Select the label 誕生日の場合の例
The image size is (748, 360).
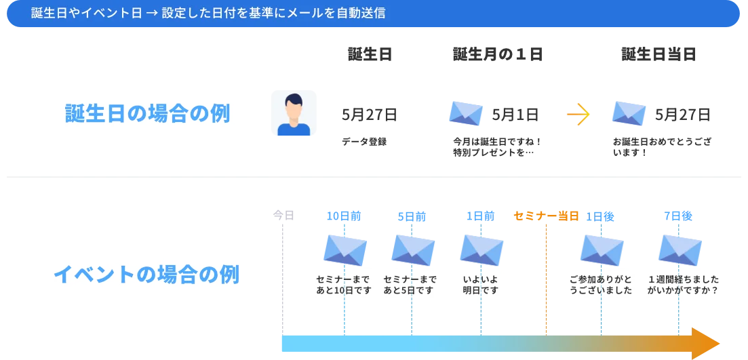[147, 113]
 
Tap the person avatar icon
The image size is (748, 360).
[292, 114]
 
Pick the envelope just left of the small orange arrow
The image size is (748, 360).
[467, 114]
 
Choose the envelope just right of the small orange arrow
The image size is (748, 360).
[629, 114]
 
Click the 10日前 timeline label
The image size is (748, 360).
[344, 216]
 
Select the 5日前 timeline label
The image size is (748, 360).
[412, 216]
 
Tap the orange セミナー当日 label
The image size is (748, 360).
[547, 216]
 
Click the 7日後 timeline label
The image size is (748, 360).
[678, 216]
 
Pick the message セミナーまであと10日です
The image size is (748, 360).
[344, 285]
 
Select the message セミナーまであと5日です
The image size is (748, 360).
[410, 285]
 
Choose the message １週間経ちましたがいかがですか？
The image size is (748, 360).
[682, 285]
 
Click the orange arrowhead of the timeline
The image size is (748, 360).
[705, 343]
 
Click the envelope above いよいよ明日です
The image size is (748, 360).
[481, 249]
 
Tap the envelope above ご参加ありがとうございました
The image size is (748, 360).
[602, 249]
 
